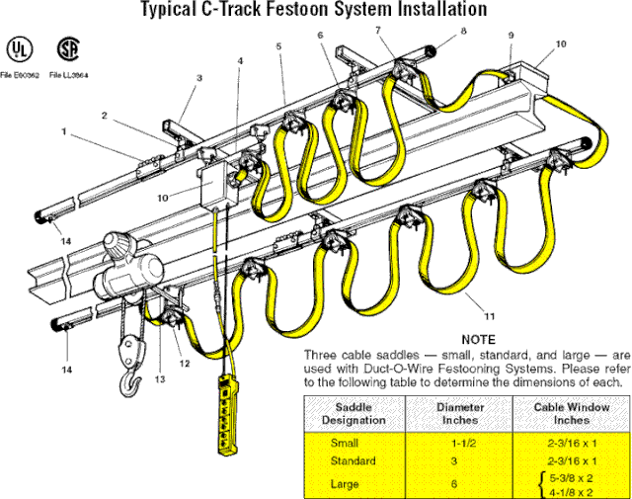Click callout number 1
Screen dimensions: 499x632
pyautogui.click(x=64, y=131)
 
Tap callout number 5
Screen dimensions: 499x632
pyautogui.click(x=279, y=46)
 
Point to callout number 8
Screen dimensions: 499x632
pyautogui.click(x=463, y=33)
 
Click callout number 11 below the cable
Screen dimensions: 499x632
pyautogui.click(x=490, y=317)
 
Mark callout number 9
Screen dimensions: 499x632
pyautogui.click(x=511, y=37)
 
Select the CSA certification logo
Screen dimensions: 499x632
pyautogui.click(x=68, y=48)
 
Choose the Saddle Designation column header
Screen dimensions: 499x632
pyautogui.click(x=353, y=412)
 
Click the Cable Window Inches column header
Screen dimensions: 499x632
pyautogui.click(x=572, y=412)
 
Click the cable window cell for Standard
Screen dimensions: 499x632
pyautogui.click(x=572, y=460)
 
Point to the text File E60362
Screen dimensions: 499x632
pyautogui.click(x=20, y=74)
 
